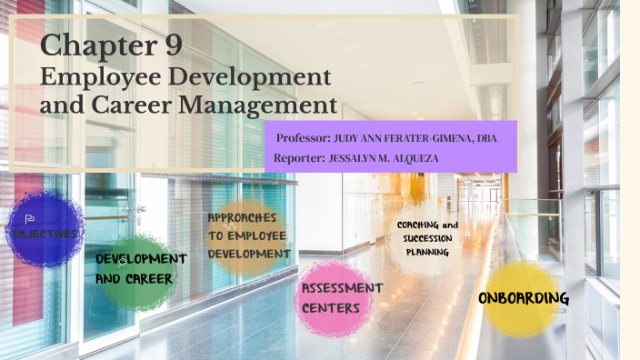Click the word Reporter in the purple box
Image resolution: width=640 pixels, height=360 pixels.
[298, 159]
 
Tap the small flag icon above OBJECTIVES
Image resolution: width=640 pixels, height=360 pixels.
[29, 219]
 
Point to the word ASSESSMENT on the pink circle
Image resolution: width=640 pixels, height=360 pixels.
[342, 288]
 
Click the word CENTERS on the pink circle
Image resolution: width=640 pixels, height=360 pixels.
[333, 307]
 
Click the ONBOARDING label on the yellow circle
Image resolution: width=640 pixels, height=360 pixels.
[524, 297]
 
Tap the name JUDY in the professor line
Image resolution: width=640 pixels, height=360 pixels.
[349, 139]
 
